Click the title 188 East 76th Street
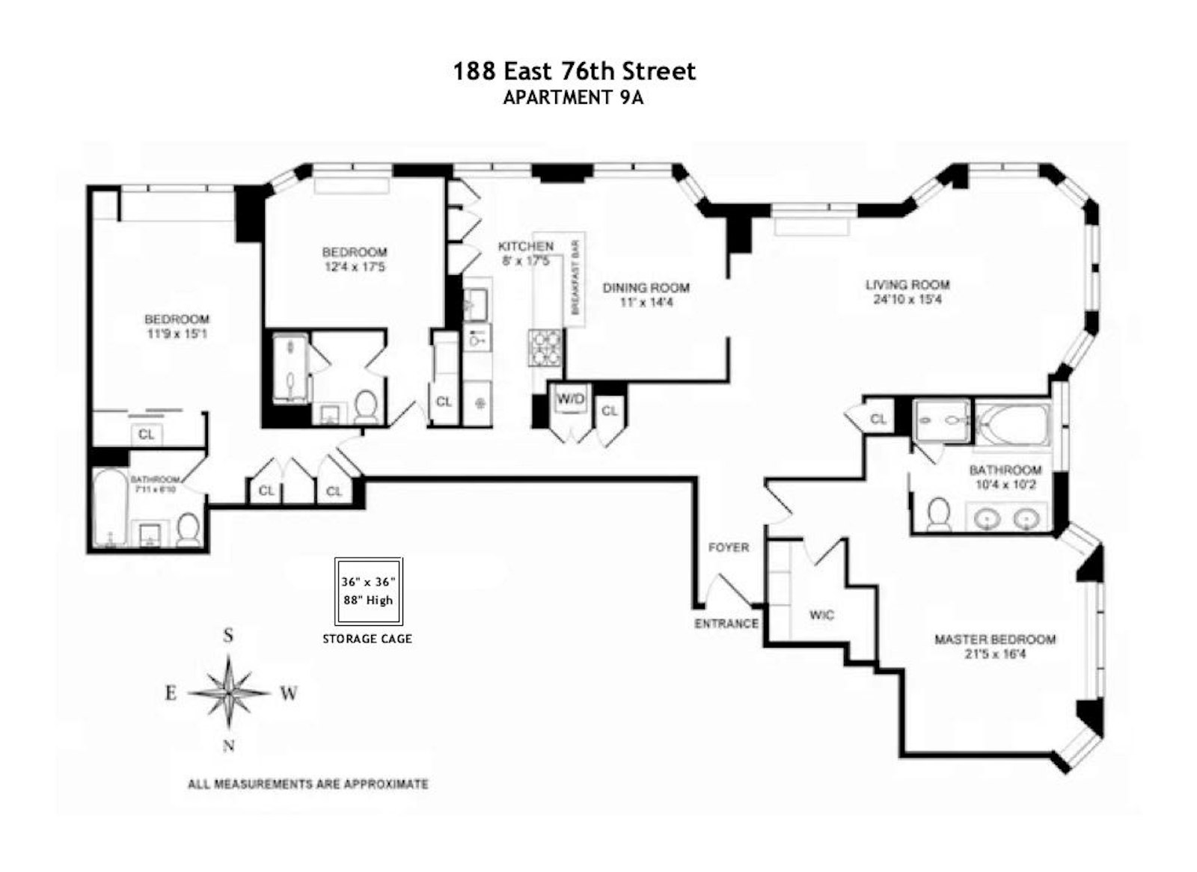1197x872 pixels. point(575,71)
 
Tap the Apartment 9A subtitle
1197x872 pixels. point(573,98)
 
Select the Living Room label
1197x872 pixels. point(908,285)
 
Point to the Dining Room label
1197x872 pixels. point(646,287)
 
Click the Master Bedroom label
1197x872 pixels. point(995,639)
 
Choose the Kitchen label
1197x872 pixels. point(526,246)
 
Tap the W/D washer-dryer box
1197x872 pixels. point(572,399)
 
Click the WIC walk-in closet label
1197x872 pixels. point(821,615)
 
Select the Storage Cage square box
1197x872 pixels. point(369,592)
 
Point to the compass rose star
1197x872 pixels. point(229,693)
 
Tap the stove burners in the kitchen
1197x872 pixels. point(545,348)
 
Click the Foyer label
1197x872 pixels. point(729,547)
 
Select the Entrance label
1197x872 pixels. point(726,624)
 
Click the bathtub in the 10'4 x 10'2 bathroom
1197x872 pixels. point(1011,424)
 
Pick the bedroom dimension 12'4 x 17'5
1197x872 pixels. point(355,267)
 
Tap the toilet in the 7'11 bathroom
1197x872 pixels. point(187,529)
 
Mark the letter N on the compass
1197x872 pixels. point(229,746)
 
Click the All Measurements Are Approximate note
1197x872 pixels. point(307,785)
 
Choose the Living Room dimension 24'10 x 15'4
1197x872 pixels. point(907,300)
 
